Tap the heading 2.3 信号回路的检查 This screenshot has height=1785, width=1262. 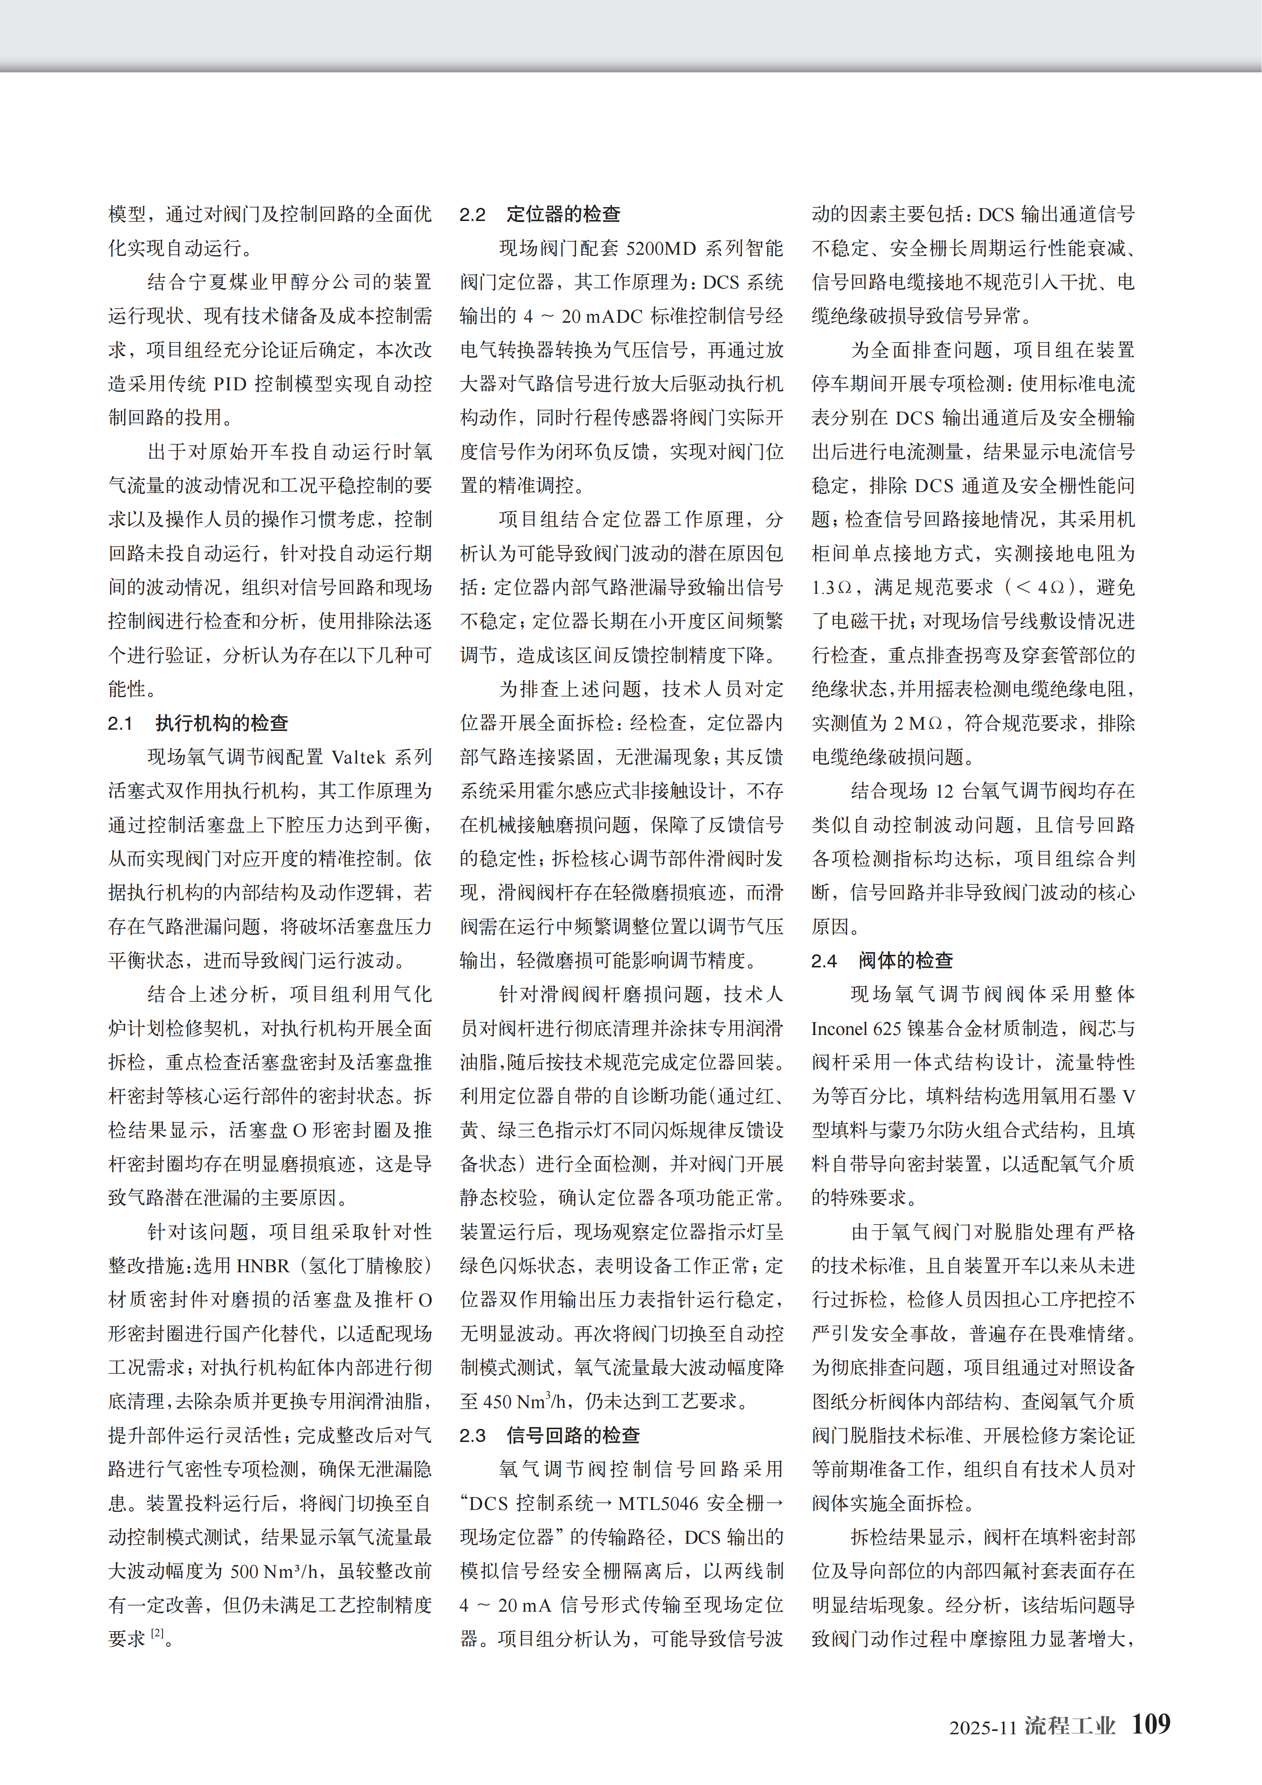click(549, 1435)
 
